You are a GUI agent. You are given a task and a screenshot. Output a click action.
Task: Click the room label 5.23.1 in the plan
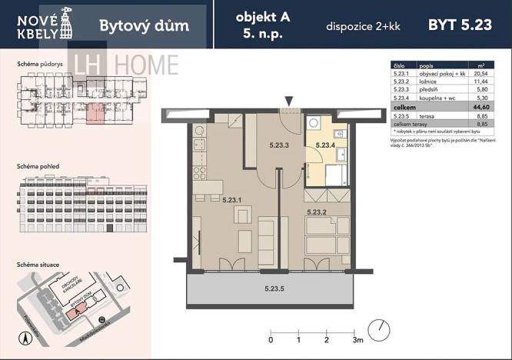tap(231, 200)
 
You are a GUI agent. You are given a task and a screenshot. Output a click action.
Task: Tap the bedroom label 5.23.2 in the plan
tap(317, 212)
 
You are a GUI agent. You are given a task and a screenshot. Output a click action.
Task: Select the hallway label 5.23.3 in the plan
tap(281, 144)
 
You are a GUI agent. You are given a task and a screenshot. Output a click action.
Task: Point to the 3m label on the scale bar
tap(357, 339)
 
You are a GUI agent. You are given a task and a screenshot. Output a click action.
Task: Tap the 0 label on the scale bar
tap(271, 339)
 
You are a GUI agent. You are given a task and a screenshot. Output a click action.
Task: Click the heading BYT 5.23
tap(459, 25)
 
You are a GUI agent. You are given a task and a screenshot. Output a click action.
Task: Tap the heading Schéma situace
tap(38, 263)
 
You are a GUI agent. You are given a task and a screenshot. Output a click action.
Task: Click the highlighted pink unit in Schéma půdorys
tap(95, 114)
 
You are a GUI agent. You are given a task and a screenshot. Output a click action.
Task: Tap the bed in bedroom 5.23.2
tap(324, 238)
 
